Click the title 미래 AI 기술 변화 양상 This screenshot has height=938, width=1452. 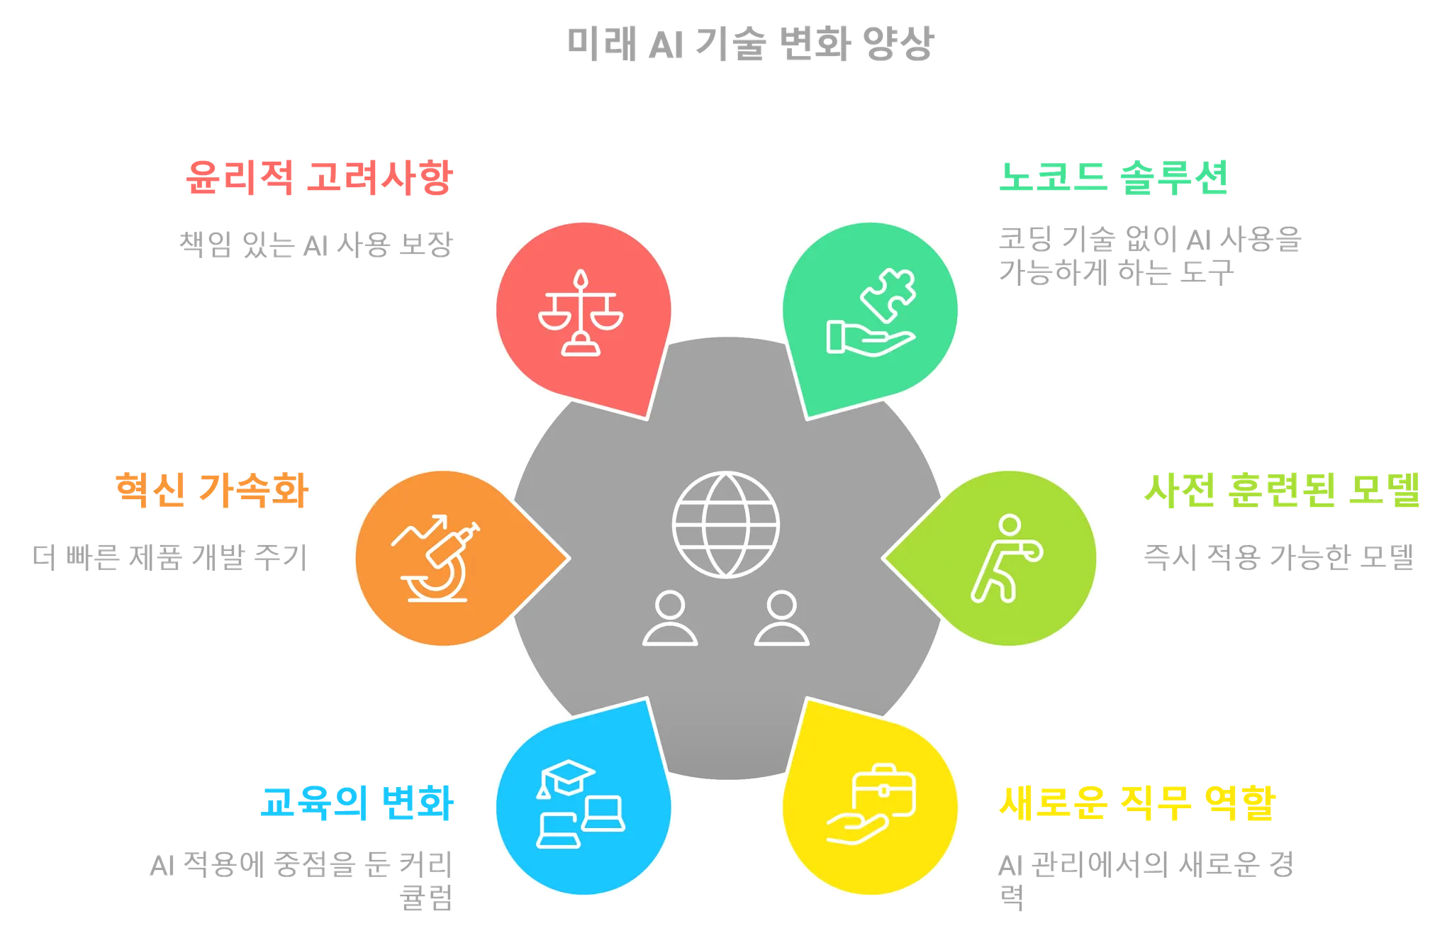(752, 43)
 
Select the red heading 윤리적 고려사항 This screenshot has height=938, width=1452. (317, 177)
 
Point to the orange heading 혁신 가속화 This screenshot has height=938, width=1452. (212, 490)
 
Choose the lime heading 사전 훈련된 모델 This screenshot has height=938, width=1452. (1283, 490)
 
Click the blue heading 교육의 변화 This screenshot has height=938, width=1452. (357, 803)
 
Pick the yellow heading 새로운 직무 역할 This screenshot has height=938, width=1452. (1137, 803)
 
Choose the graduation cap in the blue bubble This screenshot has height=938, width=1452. (566, 778)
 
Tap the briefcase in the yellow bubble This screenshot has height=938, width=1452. (884, 791)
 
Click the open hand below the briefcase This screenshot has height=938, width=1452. (857, 829)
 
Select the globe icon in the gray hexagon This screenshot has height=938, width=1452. (725, 525)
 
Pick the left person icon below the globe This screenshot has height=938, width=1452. (670, 619)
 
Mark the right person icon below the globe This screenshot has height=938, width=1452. (781, 619)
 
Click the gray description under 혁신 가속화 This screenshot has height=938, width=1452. (168, 557)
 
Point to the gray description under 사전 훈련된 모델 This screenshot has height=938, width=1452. (1278, 557)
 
